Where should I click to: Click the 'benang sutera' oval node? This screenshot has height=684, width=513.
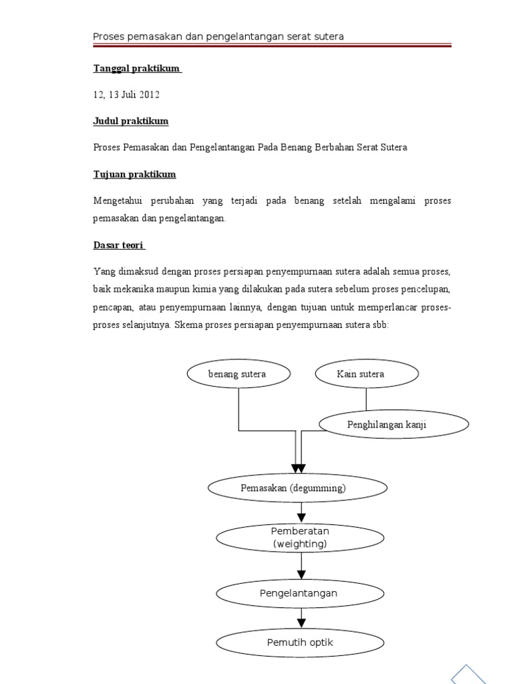coord(238,374)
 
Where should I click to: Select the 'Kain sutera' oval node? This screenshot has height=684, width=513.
coord(366,374)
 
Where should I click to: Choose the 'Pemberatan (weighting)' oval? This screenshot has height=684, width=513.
coord(301,538)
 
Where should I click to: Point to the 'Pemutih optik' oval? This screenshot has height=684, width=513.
coord(301,643)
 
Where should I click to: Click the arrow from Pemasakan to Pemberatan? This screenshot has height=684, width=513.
coord(301,511)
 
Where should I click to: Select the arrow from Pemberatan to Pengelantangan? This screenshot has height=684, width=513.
coord(301,566)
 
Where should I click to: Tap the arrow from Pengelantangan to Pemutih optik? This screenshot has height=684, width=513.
coord(301,619)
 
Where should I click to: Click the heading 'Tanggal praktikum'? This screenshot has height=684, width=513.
coord(137,69)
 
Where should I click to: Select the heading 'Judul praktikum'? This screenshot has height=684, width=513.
coord(130,122)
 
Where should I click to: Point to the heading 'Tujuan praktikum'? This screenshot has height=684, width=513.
coord(134,174)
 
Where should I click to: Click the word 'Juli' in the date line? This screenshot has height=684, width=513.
coord(127,95)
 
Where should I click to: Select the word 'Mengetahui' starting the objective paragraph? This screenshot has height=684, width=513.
coord(116,201)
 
